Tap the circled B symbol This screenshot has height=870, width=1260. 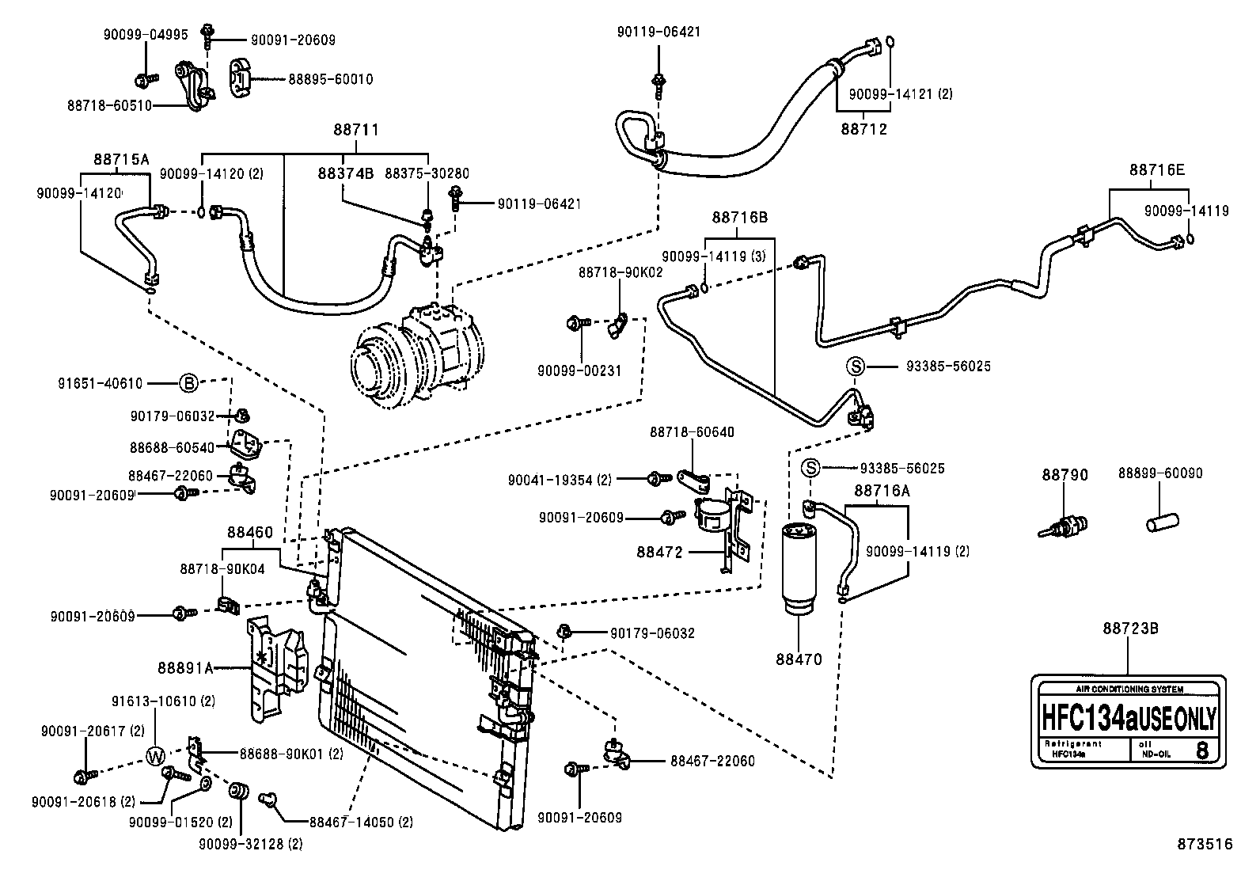click(x=188, y=384)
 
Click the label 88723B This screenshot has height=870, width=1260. click(x=1130, y=629)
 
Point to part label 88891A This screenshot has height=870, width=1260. click(x=187, y=668)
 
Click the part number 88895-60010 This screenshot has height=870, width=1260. click(x=330, y=79)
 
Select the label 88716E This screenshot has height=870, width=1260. click(x=1157, y=169)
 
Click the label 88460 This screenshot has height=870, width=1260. click(x=250, y=532)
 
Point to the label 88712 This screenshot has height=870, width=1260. click(x=863, y=129)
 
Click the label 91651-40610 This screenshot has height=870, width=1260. click(x=101, y=384)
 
